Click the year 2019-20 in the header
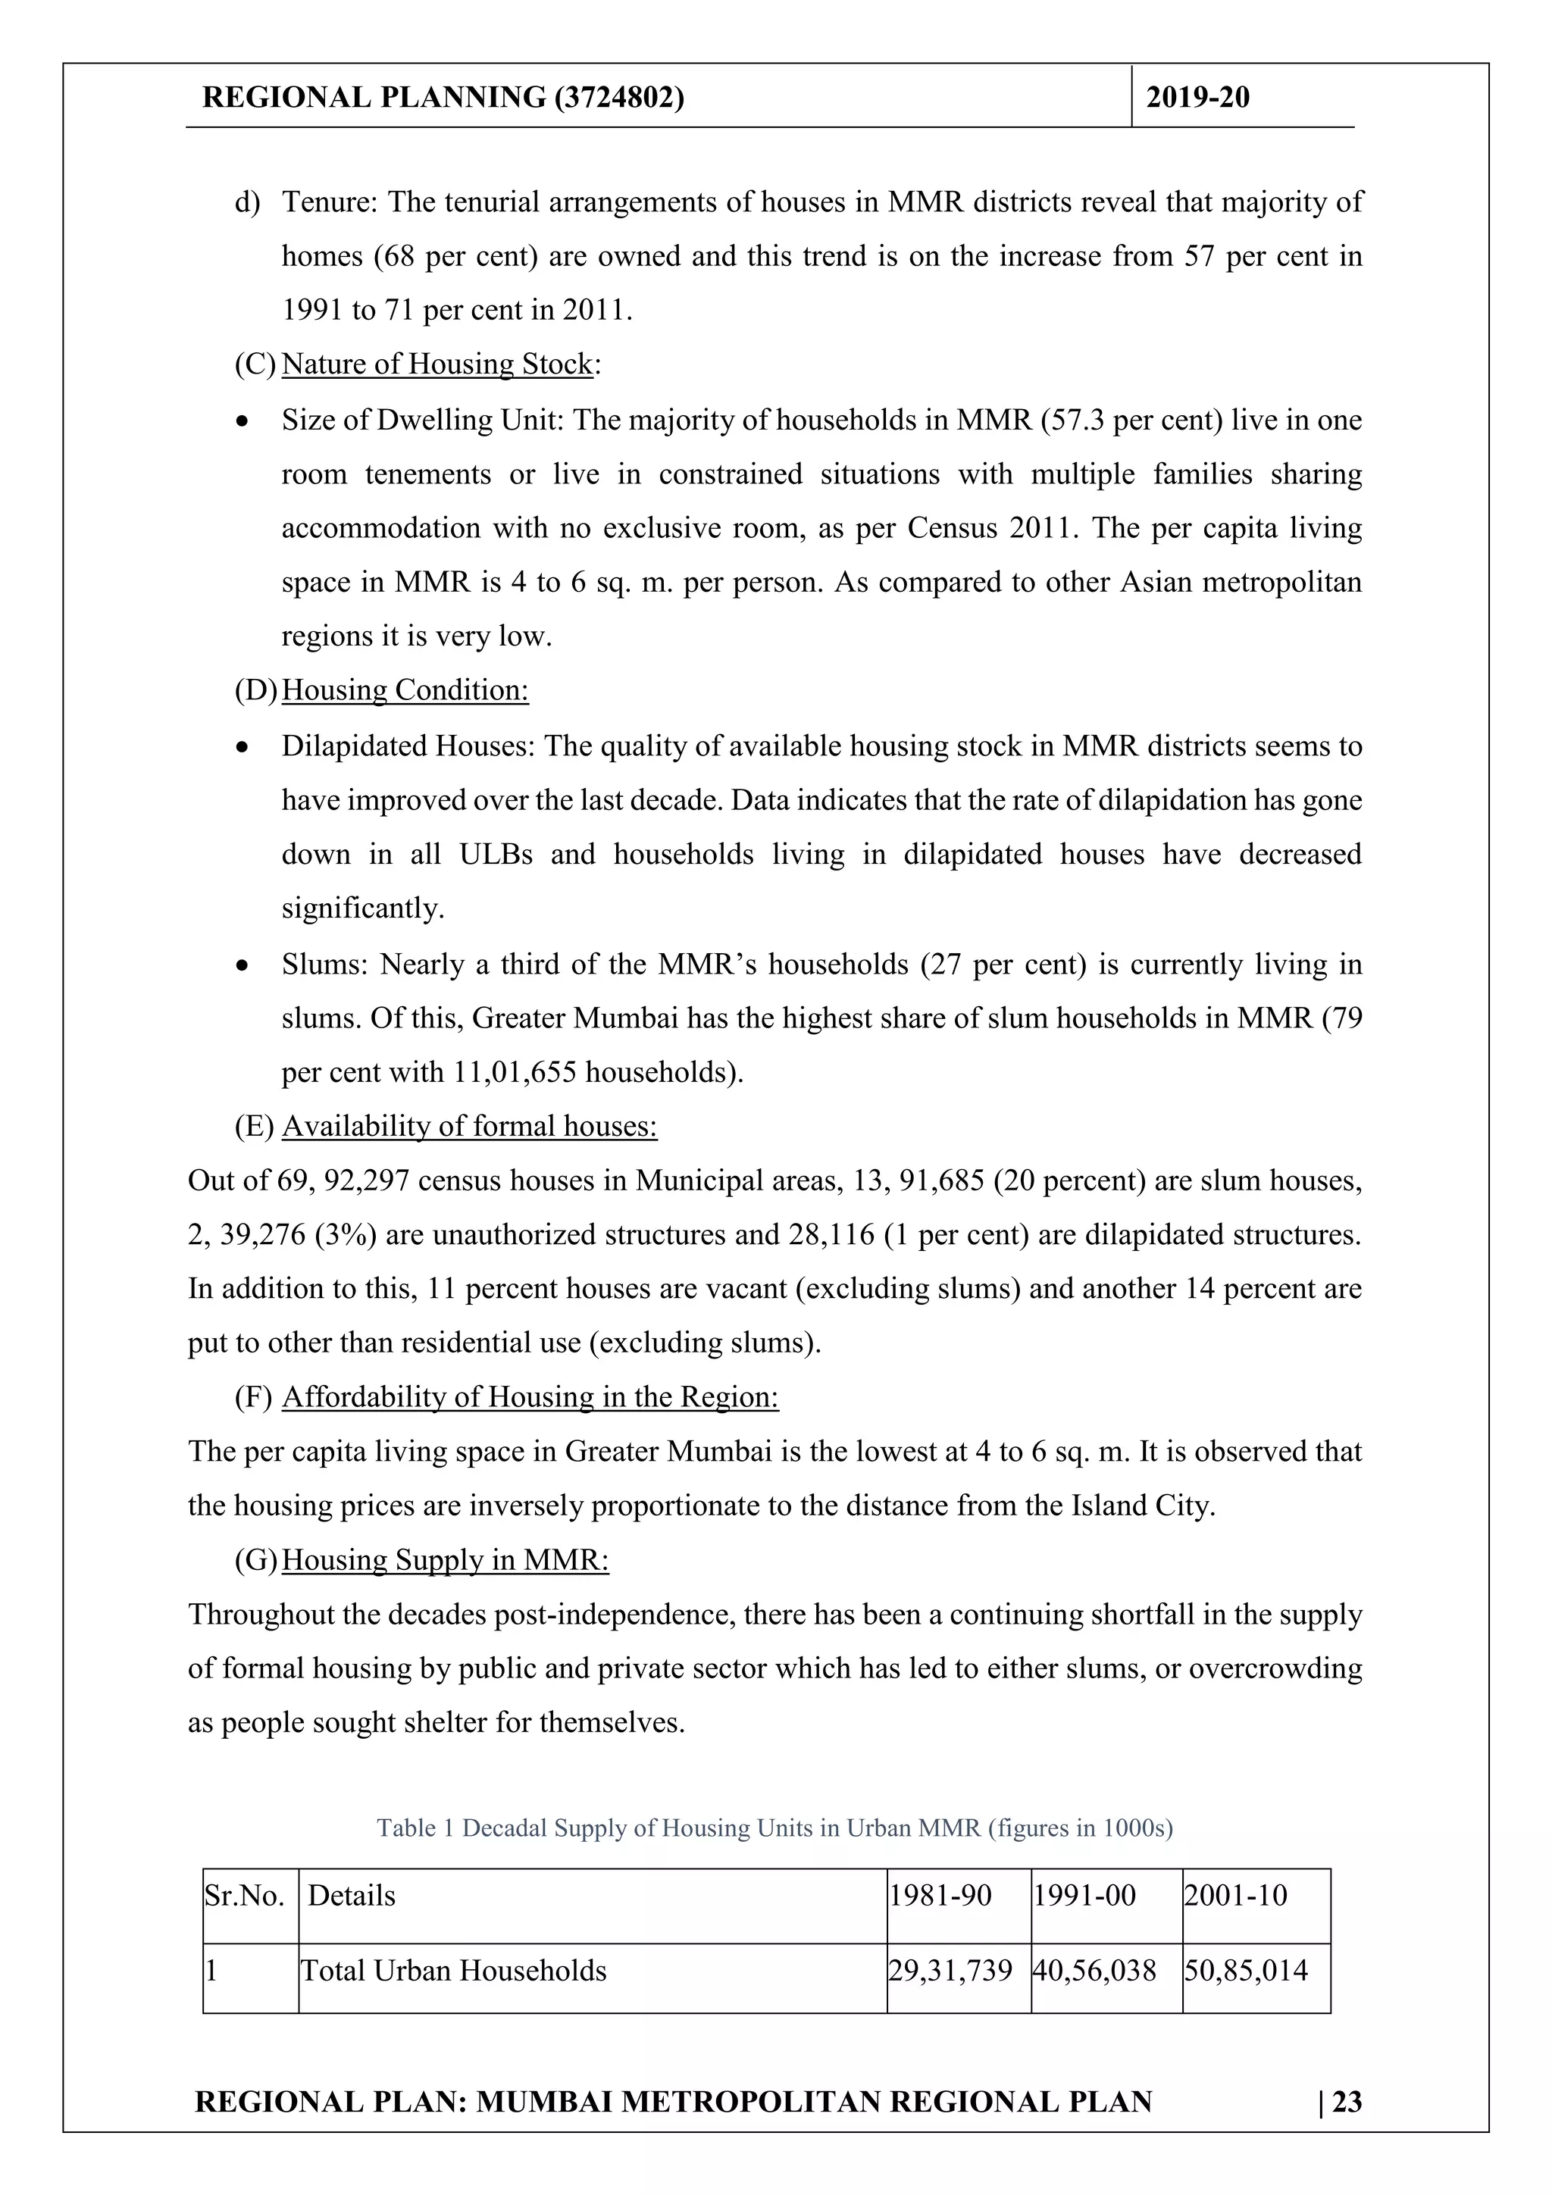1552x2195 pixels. point(1197,98)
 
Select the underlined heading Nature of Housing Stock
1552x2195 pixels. point(437,364)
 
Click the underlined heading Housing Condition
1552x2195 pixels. point(405,690)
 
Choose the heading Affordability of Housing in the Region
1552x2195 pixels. point(530,1398)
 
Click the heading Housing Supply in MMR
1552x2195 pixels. point(445,1560)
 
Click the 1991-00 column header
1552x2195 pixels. point(1084,1896)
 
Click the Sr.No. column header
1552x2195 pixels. point(245,1896)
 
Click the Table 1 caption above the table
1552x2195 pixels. point(774,1828)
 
